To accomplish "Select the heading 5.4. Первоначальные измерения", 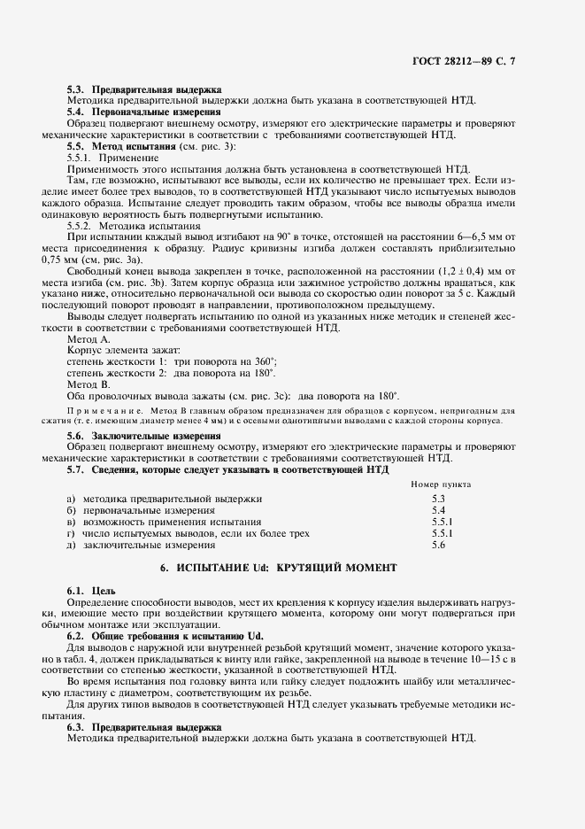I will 144,112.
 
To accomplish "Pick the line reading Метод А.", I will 89,340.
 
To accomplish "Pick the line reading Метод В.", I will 89,385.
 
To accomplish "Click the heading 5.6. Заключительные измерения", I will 144,436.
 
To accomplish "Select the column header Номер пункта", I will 441,485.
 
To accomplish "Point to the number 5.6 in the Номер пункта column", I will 437,546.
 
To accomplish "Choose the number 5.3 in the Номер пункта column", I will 437,500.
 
